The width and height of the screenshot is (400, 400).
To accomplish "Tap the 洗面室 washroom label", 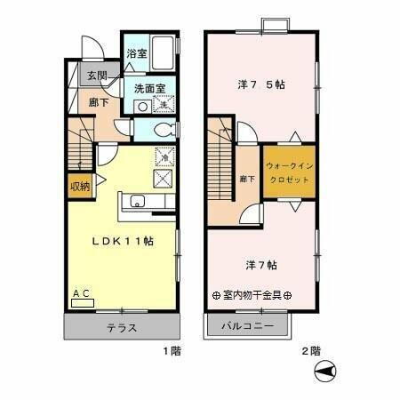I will pos(149,88).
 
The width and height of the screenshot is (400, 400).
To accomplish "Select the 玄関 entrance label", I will pos(97,76).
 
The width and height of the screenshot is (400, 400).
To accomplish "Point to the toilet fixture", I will pos(163,129).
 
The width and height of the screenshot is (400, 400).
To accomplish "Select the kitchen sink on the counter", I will pos(138,201).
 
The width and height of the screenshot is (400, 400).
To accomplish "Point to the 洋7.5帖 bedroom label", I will pos(260,85).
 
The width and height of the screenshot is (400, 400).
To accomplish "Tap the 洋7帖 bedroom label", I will pos(260,264).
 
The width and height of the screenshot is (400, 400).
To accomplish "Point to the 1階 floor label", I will pos(171,351).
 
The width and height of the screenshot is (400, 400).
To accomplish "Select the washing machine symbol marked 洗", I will pos(163,105).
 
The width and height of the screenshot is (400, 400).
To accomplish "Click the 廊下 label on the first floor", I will pos(97,102).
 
